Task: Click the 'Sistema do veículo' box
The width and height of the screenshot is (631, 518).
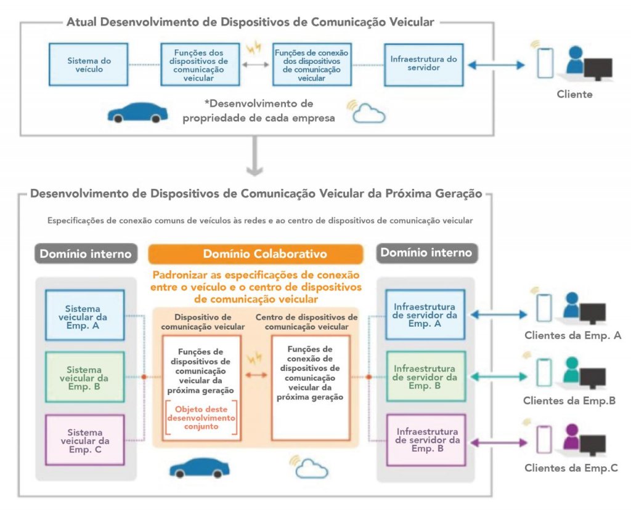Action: pyautogui.click(x=89, y=65)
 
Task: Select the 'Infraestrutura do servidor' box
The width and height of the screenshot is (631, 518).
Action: pyautogui.click(x=424, y=65)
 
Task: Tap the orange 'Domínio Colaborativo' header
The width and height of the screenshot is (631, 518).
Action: pyautogui.click(x=256, y=254)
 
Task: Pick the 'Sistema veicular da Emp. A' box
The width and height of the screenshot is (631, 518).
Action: pyautogui.click(x=84, y=316)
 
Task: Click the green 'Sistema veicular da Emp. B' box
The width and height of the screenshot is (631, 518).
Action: pyautogui.click(x=84, y=377)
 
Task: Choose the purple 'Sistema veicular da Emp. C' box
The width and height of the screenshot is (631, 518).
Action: pyautogui.click(x=84, y=440)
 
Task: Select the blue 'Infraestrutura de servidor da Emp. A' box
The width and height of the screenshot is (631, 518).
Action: pyautogui.click(x=425, y=314)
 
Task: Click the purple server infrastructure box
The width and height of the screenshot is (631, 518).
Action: pyautogui.click(x=426, y=440)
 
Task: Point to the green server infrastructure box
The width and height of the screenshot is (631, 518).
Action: pyautogui.click(x=426, y=377)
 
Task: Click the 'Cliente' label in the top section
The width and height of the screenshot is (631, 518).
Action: pyautogui.click(x=574, y=95)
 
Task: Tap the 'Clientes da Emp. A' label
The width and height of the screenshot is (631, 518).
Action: pyautogui.click(x=572, y=335)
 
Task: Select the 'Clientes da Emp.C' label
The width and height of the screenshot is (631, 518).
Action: pyautogui.click(x=571, y=468)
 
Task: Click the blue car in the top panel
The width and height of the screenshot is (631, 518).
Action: pyautogui.click(x=137, y=113)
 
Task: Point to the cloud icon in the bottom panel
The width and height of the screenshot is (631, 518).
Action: pyautogui.click(x=312, y=469)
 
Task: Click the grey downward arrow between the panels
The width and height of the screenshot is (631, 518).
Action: pyautogui.click(x=254, y=156)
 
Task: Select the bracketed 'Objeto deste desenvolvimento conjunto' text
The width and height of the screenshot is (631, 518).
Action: pyautogui.click(x=201, y=418)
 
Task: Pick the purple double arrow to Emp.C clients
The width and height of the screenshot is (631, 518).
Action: pyautogui.click(x=499, y=443)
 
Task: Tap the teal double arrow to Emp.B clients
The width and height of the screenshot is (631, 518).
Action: pyautogui.click(x=499, y=377)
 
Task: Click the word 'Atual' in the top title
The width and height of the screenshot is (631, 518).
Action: pyautogui.click(x=82, y=22)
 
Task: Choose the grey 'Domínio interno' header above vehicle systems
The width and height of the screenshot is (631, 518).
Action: pyautogui.click(x=86, y=254)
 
